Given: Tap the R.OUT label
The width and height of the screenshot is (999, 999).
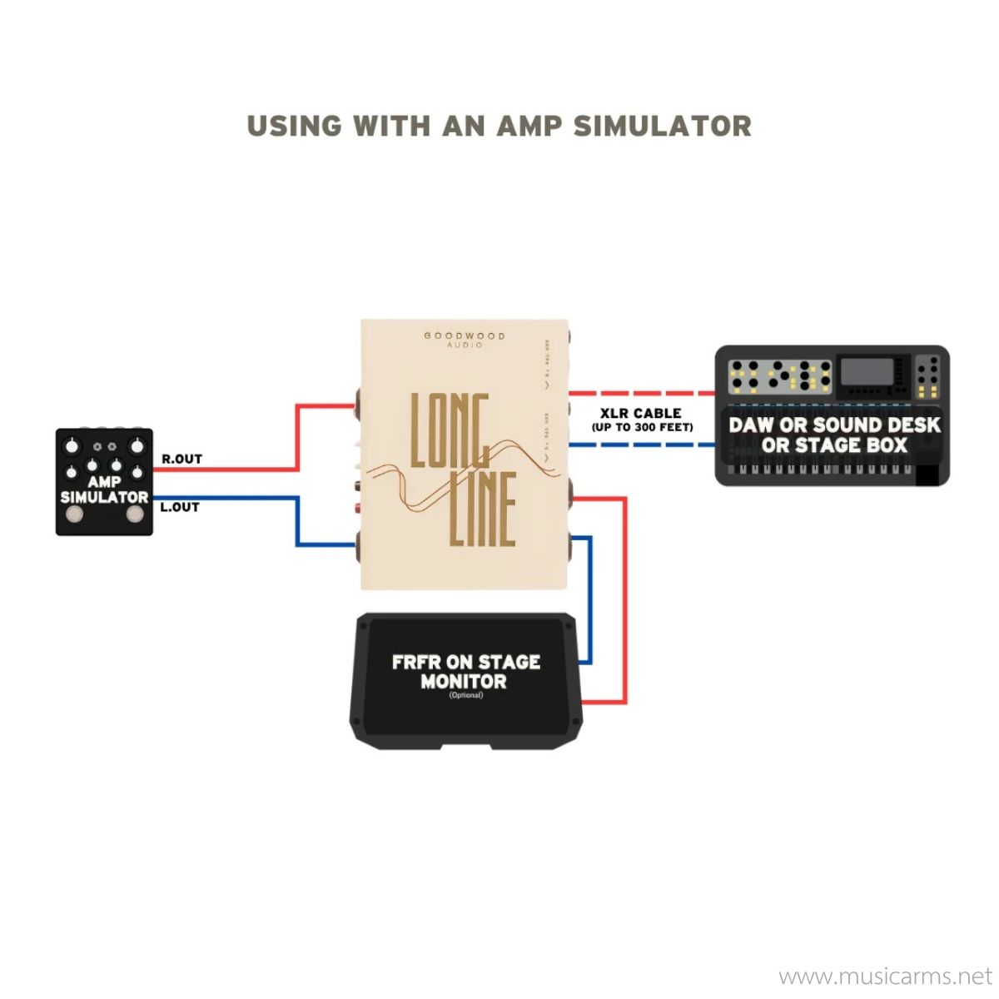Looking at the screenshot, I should tap(181, 459).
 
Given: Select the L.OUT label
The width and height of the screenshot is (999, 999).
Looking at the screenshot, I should tap(180, 507).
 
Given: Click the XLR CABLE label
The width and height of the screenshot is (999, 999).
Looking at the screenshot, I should tap(641, 413).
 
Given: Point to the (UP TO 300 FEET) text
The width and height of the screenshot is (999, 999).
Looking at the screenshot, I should tap(642, 428).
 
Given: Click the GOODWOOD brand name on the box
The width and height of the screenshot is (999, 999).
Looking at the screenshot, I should tap(465, 335).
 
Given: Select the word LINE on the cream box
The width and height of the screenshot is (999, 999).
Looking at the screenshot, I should tap(484, 509).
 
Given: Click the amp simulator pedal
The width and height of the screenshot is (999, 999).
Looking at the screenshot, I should tap(104, 482).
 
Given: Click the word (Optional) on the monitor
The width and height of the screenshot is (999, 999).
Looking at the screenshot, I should tap(465, 695).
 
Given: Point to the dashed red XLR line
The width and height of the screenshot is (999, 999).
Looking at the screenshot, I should tap(641, 393).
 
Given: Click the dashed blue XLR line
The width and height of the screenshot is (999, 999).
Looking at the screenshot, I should tap(641, 445).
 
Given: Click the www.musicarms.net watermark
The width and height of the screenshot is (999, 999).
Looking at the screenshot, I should tap(885, 976).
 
